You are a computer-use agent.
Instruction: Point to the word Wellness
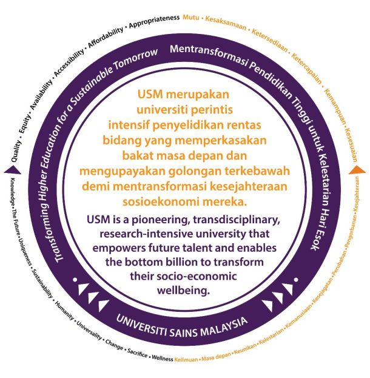click(161, 357)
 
